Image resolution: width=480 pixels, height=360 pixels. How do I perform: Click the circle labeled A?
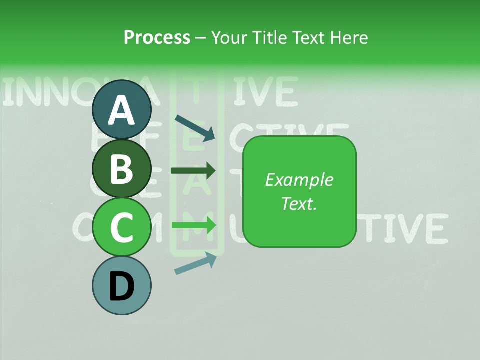coord(122,110)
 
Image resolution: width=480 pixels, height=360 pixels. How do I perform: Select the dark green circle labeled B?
coord(122,168)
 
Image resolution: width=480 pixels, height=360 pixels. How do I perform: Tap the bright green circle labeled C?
coord(122,227)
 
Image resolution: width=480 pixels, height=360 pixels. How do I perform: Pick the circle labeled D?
coord(122,285)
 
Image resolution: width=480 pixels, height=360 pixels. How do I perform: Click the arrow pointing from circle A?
coord(194,128)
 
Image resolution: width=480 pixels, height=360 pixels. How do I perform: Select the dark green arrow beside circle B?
coord(193,171)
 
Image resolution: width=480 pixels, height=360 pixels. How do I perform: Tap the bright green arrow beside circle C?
coord(193,225)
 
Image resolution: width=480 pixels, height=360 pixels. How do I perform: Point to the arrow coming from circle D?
coord(195,263)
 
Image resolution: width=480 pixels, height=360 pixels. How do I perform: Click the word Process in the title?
coord(157,37)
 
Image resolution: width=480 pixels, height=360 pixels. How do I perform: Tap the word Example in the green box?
coord(299,180)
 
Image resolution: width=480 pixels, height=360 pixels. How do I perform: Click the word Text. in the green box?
coord(299,203)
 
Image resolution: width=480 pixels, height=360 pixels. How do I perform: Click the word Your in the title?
coord(229,37)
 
